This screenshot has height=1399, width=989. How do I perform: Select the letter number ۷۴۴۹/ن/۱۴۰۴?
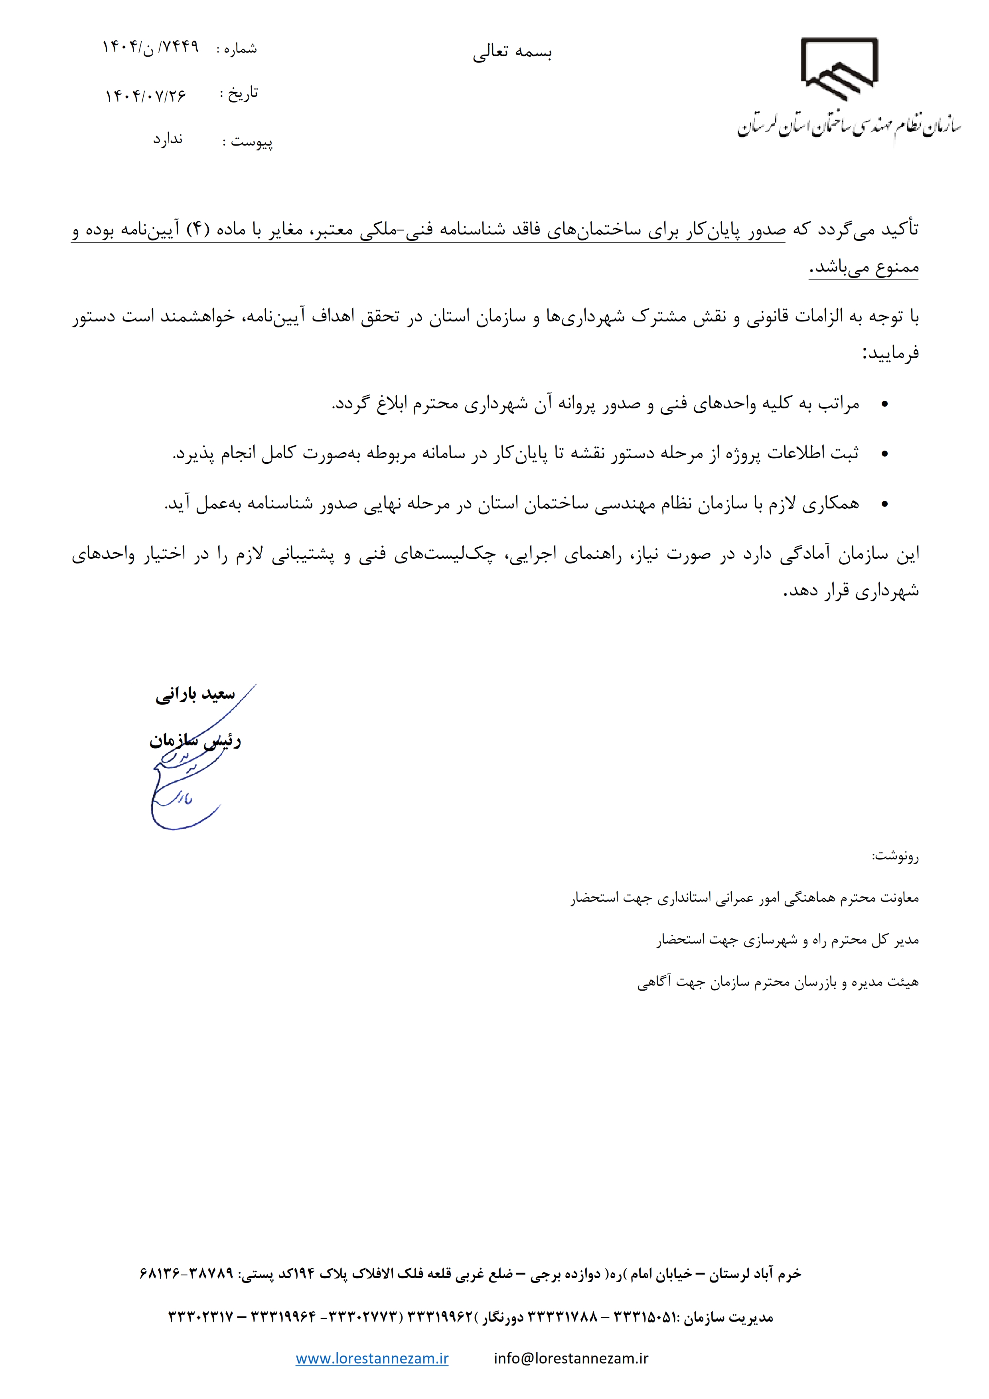click(x=150, y=47)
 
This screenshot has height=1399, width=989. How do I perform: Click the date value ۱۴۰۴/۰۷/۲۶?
click(x=146, y=96)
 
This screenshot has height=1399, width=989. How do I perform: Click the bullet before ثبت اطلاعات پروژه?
click(x=885, y=454)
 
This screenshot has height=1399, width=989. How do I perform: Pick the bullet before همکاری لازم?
click(x=885, y=504)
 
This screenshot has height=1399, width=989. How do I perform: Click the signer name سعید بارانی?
click(x=195, y=695)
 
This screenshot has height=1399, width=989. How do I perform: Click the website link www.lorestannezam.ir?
click(x=372, y=1358)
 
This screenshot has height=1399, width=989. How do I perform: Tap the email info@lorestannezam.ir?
click(x=571, y=1358)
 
